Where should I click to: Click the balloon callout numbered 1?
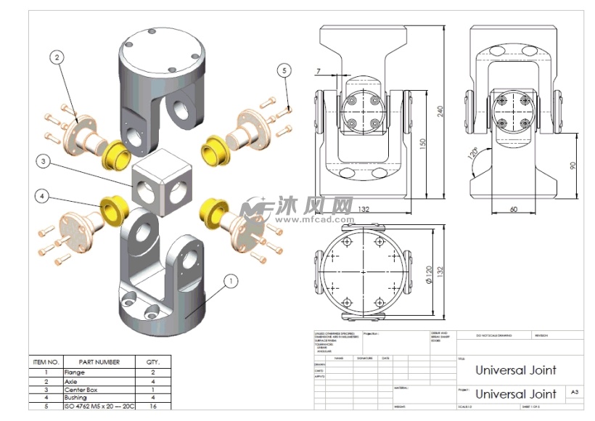point(231,279)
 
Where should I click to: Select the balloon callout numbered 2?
point(57,56)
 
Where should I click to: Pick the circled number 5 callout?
point(284,70)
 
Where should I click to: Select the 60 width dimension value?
point(513,209)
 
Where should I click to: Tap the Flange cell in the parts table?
point(75,372)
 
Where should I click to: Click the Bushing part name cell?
point(75,398)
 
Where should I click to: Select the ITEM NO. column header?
point(46,361)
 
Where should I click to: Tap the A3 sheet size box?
point(574,391)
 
